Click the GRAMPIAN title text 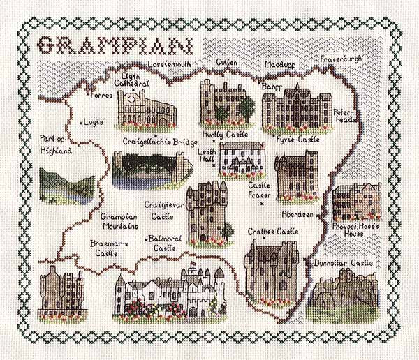tap(115, 45)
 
